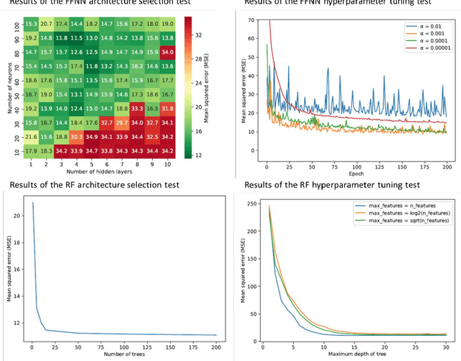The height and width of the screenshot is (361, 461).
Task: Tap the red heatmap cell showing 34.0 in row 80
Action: tap(169, 51)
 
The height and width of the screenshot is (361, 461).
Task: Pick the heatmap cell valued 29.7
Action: tap(122, 122)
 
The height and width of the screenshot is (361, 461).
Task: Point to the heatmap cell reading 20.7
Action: tap(45, 24)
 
